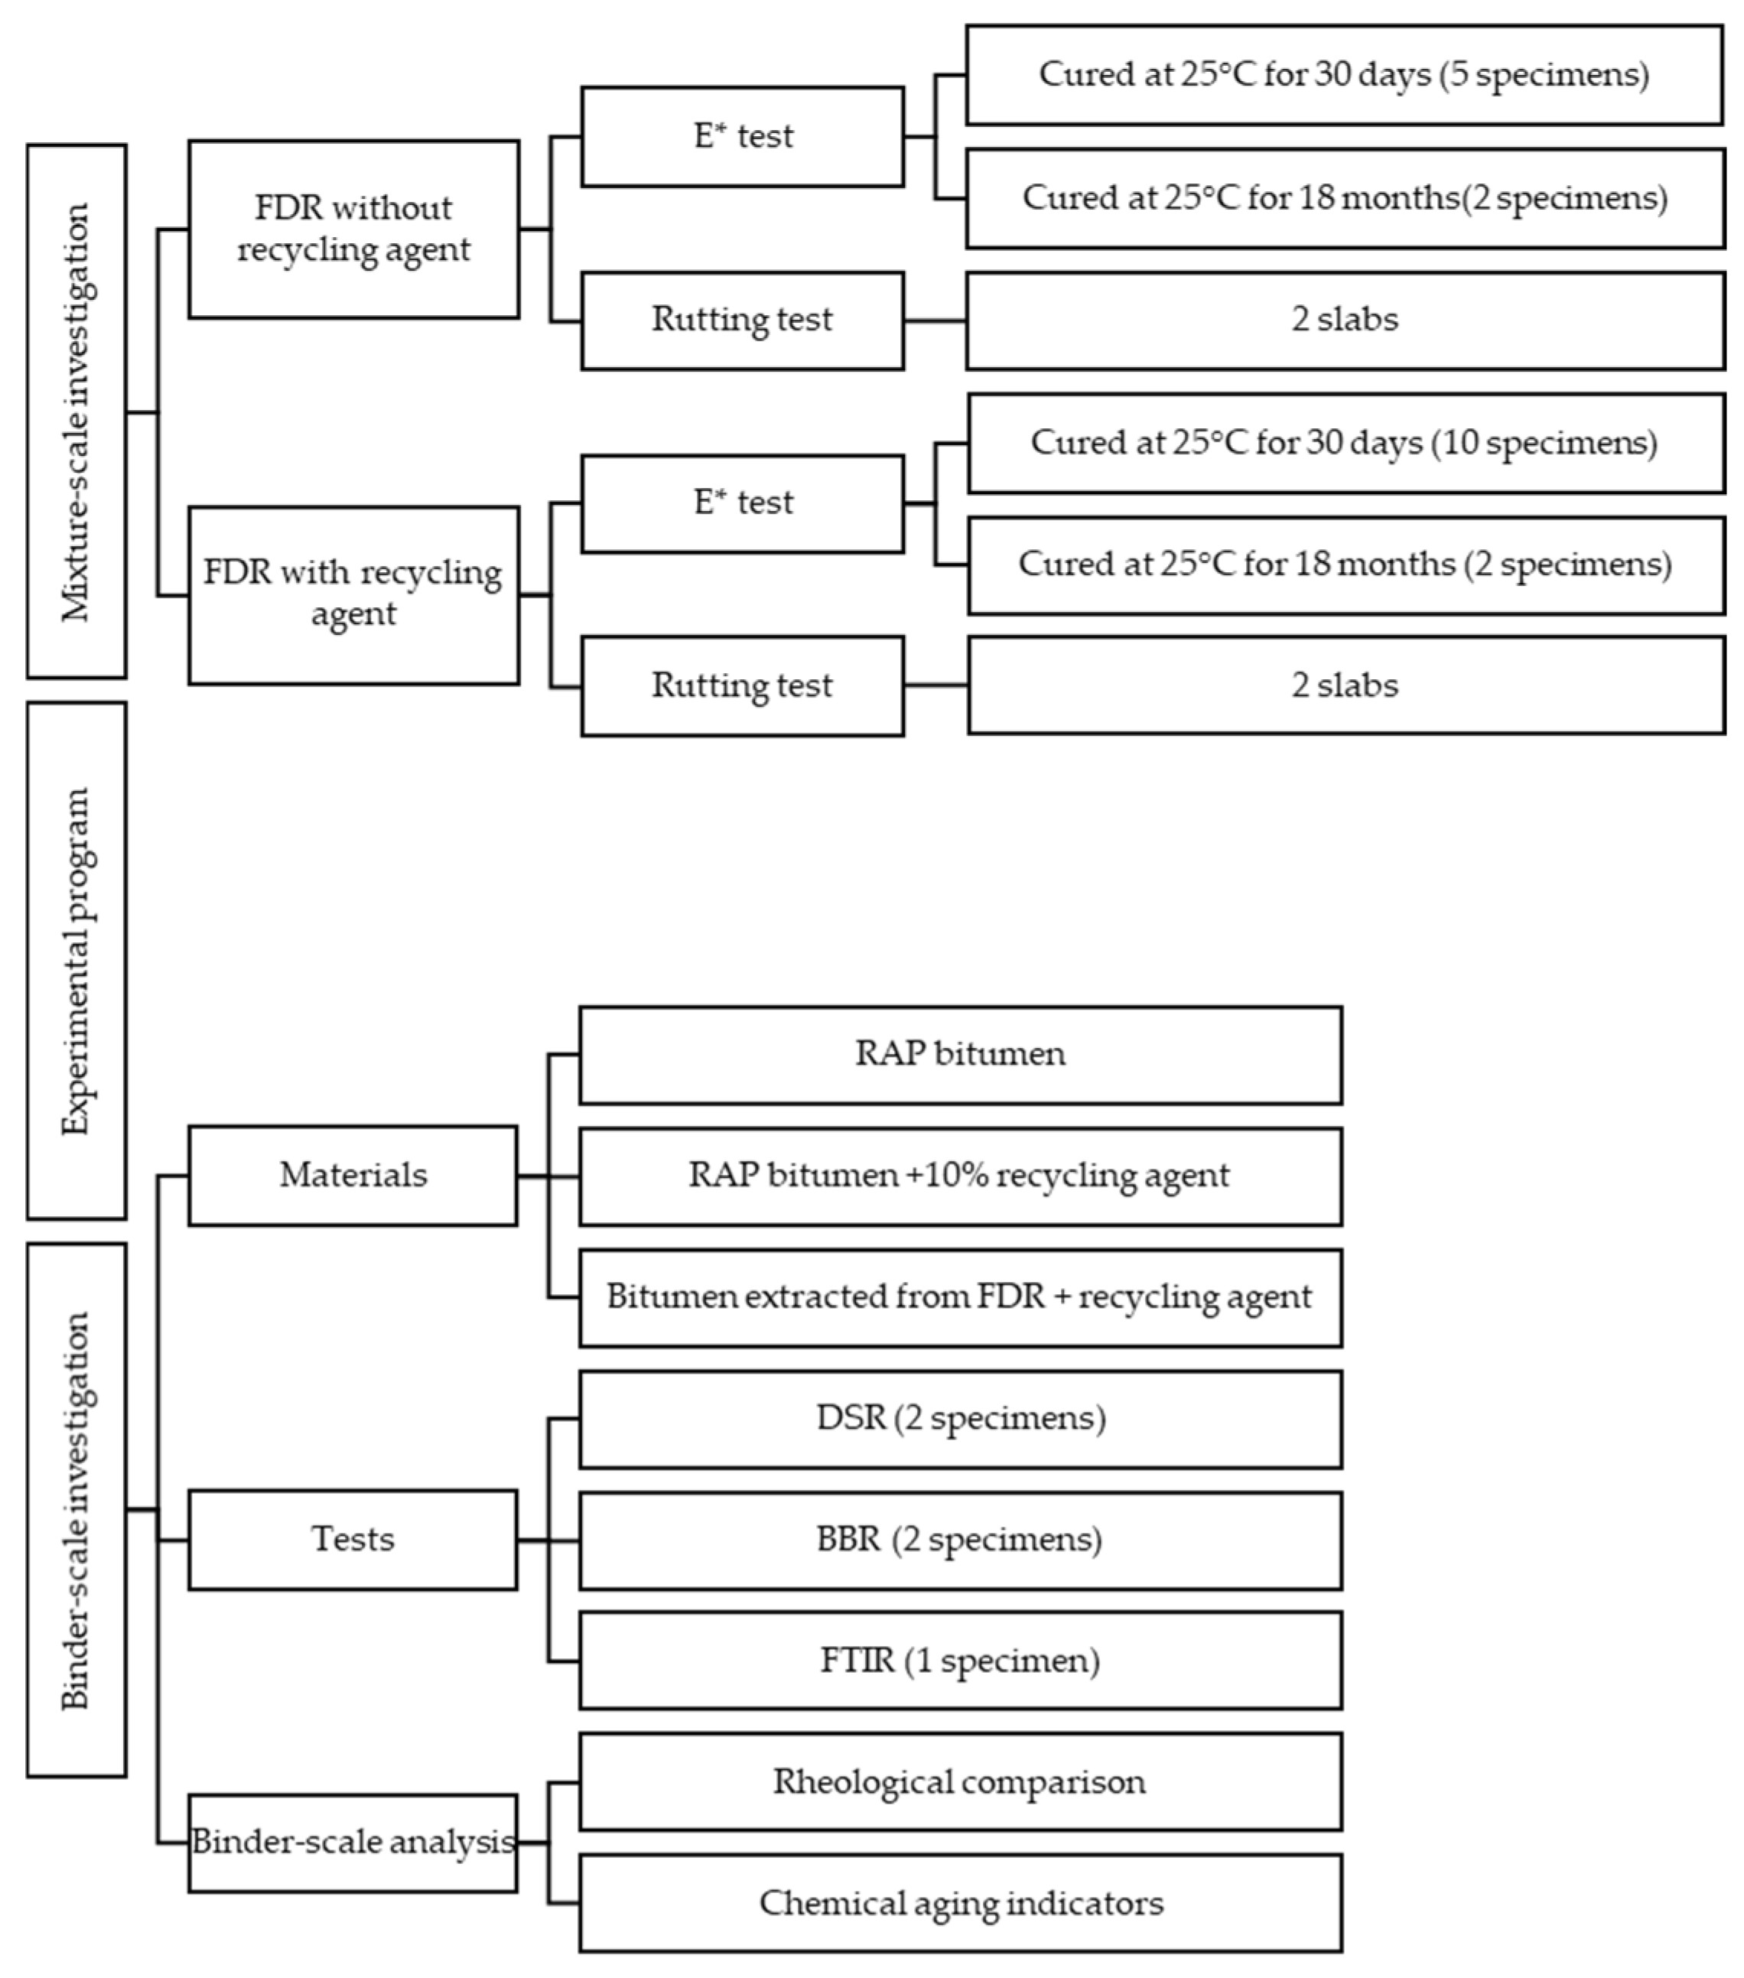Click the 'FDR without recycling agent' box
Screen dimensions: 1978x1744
(353, 229)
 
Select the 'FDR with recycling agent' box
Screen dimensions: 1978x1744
(353, 594)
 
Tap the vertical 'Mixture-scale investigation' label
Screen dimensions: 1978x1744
(76, 412)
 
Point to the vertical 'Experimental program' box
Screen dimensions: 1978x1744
(76, 960)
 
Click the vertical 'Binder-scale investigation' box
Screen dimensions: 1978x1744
(76, 1510)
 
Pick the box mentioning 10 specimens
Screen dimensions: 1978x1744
(1345, 443)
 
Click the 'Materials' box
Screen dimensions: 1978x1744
(353, 1175)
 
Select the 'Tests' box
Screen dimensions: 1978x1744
(353, 1539)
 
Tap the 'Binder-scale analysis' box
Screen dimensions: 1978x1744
(353, 1842)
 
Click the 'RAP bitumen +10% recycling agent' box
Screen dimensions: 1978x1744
(960, 1176)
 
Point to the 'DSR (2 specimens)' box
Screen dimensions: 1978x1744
(960, 1419)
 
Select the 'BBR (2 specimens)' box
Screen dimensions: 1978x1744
(960, 1540)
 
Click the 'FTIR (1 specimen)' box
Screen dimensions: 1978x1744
(960, 1661)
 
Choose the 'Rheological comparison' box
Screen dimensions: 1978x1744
(960, 1781)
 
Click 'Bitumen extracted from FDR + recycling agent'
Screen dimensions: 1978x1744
(960, 1296)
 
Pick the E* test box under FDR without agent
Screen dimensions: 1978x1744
(742, 136)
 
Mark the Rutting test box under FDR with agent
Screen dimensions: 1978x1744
(742, 685)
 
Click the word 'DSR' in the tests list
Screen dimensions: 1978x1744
(851, 1419)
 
